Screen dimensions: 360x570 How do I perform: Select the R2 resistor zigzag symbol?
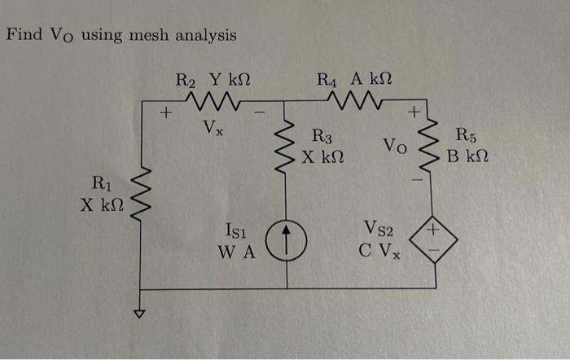tap(210, 102)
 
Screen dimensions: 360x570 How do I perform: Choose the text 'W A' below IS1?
tap(237, 252)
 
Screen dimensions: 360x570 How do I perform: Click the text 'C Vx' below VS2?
tap(380, 252)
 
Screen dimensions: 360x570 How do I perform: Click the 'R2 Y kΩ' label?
tap(213, 80)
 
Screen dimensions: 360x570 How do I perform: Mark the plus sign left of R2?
tap(167, 113)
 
